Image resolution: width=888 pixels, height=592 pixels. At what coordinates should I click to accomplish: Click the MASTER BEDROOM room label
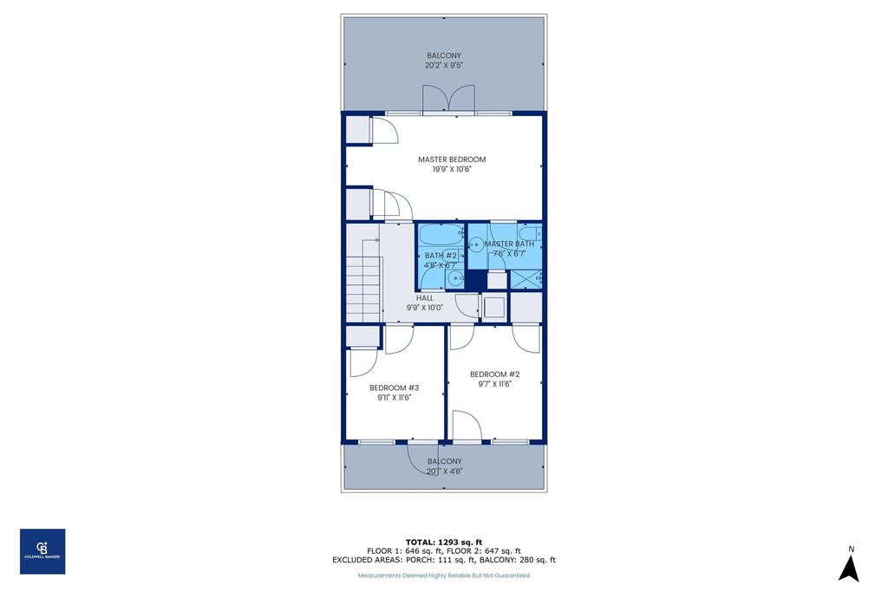[451, 159]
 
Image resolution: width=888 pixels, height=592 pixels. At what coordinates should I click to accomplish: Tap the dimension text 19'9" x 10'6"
[451, 170]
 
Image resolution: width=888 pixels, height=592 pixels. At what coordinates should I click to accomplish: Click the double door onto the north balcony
[448, 99]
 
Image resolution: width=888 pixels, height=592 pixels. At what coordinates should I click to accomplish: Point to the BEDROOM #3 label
[394, 387]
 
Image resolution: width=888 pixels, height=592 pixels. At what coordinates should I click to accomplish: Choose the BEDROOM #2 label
[494, 374]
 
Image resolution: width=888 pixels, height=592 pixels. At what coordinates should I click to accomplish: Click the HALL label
[424, 297]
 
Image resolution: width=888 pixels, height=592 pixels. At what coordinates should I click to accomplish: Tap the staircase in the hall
[362, 278]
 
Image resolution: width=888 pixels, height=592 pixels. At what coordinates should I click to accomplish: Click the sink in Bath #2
[455, 277]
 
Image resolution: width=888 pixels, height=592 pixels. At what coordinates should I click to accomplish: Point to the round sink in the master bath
[476, 245]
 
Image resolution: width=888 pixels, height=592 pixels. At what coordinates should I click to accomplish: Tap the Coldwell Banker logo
[42, 551]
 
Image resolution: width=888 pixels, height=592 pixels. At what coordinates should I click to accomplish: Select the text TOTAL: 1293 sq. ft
[443, 542]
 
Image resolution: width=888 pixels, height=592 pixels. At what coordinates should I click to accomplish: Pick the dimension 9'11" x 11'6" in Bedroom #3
[394, 398]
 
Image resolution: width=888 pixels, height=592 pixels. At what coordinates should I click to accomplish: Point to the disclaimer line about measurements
[443, 576]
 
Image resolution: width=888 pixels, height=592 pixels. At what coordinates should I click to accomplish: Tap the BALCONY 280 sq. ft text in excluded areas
[518, 560]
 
